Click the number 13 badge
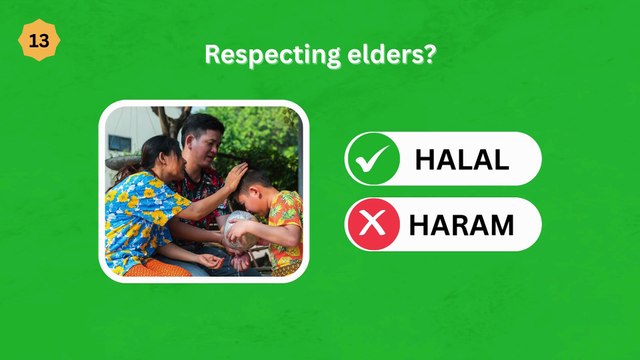click(39, 41)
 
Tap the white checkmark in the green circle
click(372, 159)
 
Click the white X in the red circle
click(372, 224)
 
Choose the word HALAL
click(462, 159)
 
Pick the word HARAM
click(462, 225)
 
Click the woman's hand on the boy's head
click(235, 178)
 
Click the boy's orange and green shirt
click(284, 225)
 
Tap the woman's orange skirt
click(160, 268)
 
